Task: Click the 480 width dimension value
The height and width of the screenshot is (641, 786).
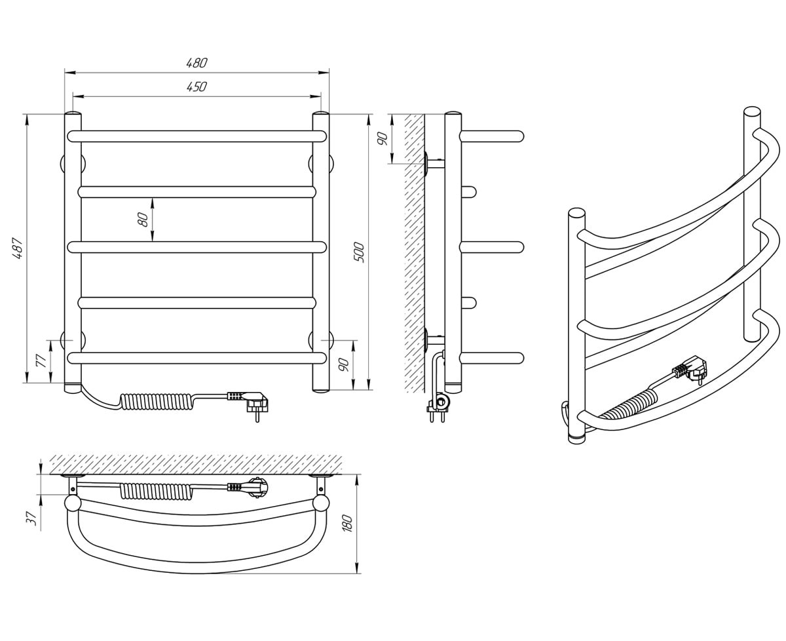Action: (196, 63)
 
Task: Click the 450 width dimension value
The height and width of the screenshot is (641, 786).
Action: (196, 87)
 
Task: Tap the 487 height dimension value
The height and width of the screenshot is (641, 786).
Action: (18, 248)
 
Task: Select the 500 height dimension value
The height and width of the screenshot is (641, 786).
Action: (359, 252)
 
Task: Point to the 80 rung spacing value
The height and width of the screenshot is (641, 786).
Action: (143, 220)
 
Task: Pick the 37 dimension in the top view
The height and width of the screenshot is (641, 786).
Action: (31, 518)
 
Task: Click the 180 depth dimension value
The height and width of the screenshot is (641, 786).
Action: (348, 523)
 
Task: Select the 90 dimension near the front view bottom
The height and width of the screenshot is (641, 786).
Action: (344, 365)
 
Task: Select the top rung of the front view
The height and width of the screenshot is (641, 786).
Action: (197, 136)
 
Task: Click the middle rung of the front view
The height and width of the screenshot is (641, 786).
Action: (197, 247)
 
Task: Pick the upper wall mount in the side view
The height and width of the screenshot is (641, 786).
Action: (435, 164)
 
